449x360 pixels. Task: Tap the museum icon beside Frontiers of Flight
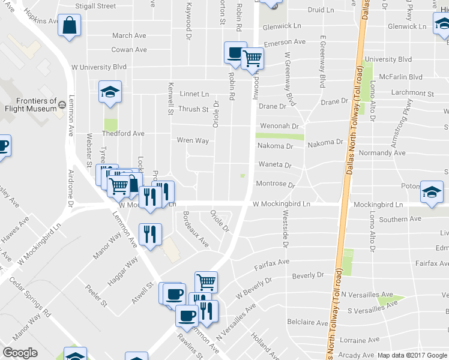pyautogui.click(x=62, y=105)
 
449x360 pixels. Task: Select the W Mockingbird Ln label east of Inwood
pyautogui.click(x=281, y=204)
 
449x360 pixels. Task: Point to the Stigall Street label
pyautogui.click(x=95, y=6)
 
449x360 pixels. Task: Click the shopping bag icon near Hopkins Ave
pyautogui.click(x=70, y=26)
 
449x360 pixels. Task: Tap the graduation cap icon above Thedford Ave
pyautogui.click(x=110, y=92)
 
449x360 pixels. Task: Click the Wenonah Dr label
pyautogui.click(x=278, y=127)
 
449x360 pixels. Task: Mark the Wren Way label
pyautogui.click(x=193, y=140)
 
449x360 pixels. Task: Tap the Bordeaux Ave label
pyautogui.click(x=196, y=230)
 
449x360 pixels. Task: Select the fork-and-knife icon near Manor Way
pyautogui.click(x=150, y=235)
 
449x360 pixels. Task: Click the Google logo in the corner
pyautogui.click(x=20, y=353)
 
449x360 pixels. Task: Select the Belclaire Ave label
pyautogui.click(x=306, y=322)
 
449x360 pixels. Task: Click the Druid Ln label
pyautogui.click(x=321, y=10)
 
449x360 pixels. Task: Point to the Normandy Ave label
pyautogui.click(x=381, y=153)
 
